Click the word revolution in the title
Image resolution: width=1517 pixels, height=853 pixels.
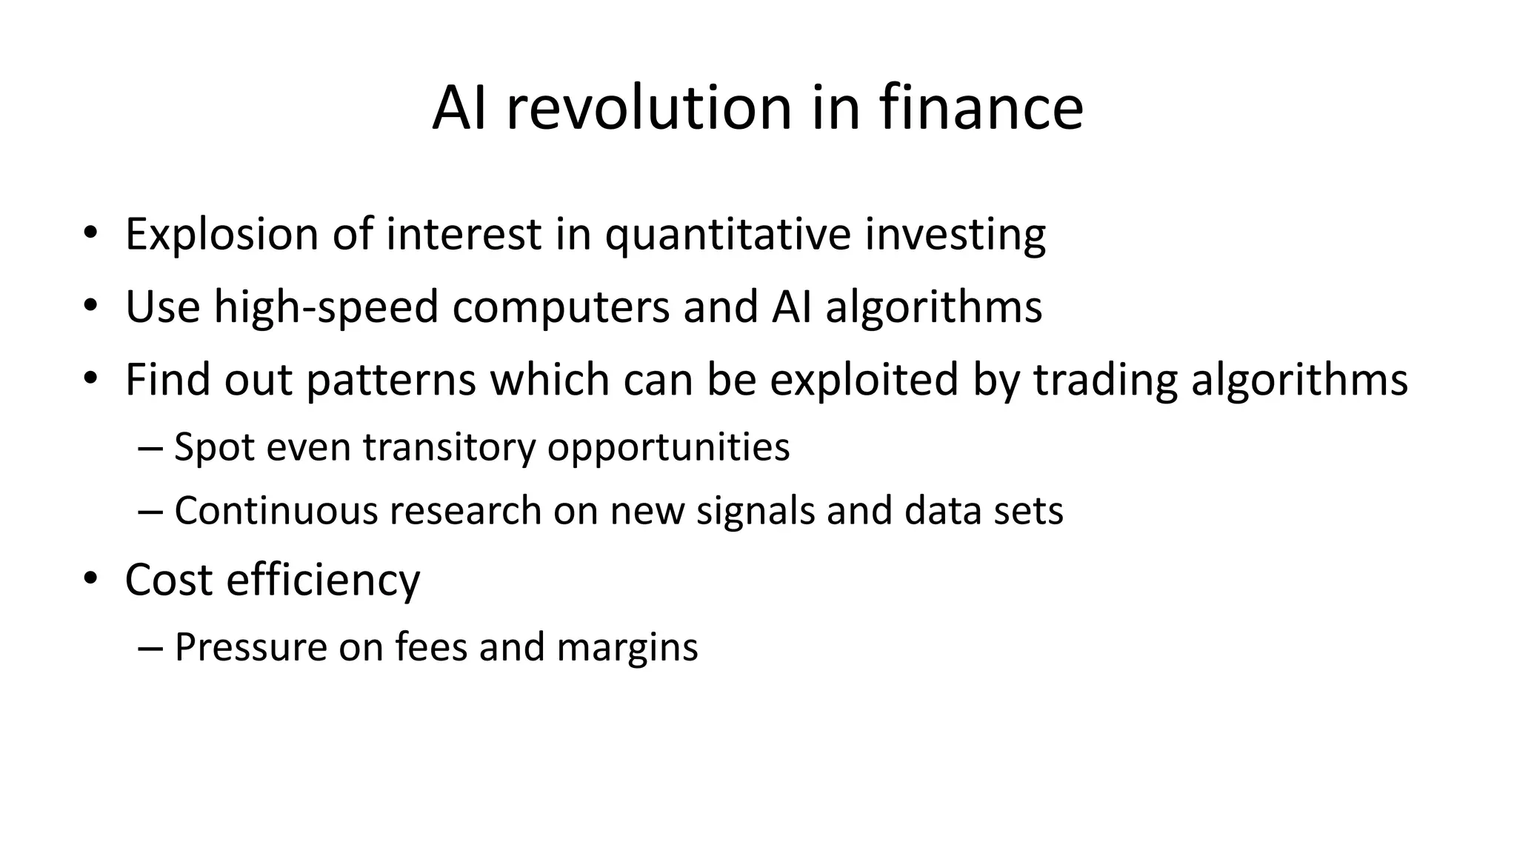(650, 109)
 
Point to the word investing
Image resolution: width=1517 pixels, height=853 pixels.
(955, 235)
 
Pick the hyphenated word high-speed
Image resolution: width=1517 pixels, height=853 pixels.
(327, 307)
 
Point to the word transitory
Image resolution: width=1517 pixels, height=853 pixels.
(449, 447)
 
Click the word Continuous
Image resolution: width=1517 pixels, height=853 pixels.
(276, 511)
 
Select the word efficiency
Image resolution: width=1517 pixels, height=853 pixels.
(323, 579)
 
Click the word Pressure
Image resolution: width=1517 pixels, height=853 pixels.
(251, 647)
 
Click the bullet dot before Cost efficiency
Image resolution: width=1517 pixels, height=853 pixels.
(90, 579)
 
